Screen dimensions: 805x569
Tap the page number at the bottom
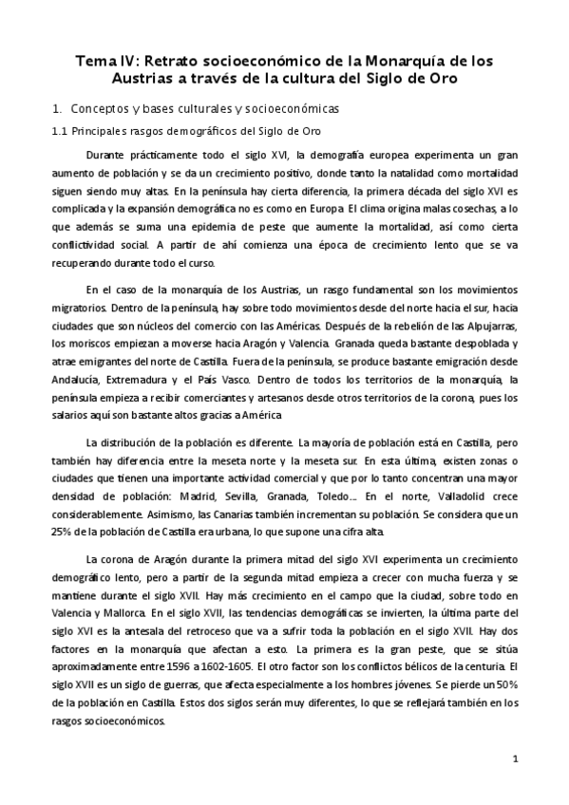514,760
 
